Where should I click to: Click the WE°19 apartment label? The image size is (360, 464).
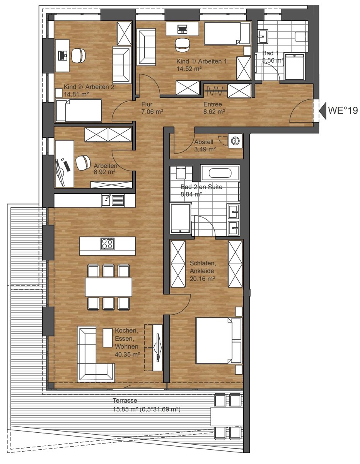coord(343,111)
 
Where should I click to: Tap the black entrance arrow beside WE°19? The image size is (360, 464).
coord(323,111)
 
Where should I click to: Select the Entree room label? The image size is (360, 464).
coord(212,104)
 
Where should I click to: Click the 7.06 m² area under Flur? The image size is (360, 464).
coord(152,111)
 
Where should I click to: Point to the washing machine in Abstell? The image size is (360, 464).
coord(235,140)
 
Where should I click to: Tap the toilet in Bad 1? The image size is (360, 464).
coord(301,36)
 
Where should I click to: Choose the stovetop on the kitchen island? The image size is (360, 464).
coord(107,244)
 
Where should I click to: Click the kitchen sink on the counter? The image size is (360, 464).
coord(113,200)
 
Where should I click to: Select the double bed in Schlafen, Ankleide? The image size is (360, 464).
coord(218,340)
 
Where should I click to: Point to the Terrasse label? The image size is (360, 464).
coord(125,401)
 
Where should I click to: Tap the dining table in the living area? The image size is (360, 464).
coord(109,287)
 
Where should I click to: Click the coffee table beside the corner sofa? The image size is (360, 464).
coord(107,338)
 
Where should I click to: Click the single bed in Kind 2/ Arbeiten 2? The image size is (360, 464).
coord(78,111)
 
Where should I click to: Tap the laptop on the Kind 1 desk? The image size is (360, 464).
coord(182,29)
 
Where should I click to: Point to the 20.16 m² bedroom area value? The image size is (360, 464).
coord(202,278)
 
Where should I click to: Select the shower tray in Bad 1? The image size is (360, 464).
coord(294,67)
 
